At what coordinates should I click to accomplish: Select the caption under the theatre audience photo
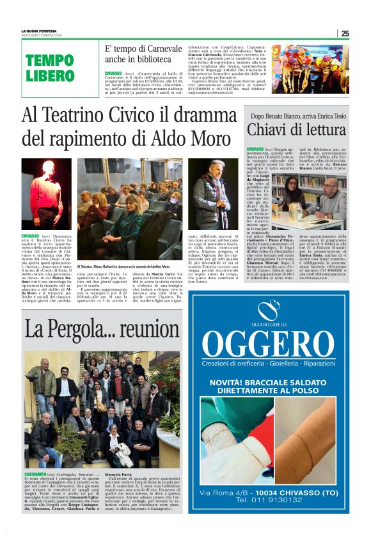tap(124, 266)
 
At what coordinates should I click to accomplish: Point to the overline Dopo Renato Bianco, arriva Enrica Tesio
tap(299, 114)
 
